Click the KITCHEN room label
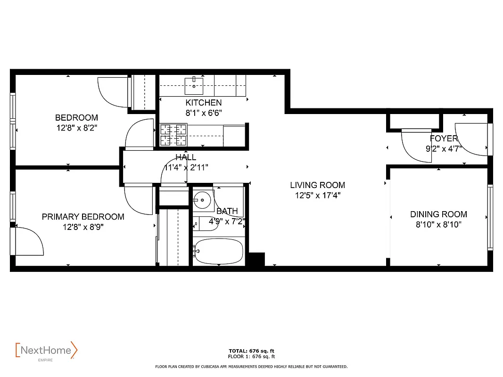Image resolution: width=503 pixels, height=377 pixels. [x=203, y=103]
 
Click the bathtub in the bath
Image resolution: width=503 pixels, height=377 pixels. [x=219, y=251]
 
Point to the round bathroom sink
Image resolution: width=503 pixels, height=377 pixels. [x=203, y=200]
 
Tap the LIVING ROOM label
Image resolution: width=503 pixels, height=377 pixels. [x=317, y=185]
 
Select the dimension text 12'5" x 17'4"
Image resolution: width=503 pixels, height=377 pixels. [x=317, y=196]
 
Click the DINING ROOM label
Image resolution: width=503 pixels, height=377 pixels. [x=438, y=214]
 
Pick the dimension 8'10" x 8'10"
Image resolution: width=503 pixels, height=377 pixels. [x=438, y=225]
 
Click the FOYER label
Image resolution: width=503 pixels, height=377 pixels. [x=444, y=139]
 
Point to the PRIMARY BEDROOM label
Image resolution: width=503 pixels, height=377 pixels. [x=83, y=217]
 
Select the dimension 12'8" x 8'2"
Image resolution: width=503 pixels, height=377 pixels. [x=76, y=128]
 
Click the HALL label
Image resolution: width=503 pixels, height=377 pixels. [x=186, y=157]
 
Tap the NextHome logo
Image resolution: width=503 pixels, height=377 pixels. [x=46, y=351]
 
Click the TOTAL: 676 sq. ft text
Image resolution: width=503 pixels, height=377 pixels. [x=251, y=351]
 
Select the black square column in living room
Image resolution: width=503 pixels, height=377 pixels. [x=256, y=259]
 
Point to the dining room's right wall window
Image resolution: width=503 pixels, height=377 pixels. [x=490, y=216]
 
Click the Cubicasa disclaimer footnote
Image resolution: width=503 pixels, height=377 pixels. [x=251, y=366]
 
